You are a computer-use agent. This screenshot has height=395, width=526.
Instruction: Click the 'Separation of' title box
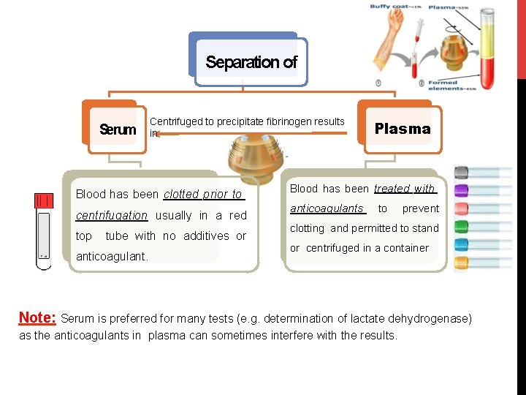251,62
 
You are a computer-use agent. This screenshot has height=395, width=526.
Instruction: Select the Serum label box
118,130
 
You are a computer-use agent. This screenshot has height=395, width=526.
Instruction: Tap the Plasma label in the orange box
403,129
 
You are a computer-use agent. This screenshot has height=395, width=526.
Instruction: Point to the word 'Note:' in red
37,318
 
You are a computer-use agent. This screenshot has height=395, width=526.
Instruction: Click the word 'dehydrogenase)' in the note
435,319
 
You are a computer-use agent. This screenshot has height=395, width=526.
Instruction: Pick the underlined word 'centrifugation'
112,215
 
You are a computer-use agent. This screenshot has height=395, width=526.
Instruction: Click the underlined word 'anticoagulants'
327,208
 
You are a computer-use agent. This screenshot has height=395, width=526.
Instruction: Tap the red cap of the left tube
44,200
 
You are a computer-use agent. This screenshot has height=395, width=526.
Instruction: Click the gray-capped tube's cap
462,173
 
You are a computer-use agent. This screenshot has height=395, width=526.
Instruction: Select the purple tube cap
462,191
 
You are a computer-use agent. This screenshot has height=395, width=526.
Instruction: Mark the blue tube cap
462,244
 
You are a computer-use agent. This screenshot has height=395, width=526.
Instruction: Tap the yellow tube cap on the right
462,262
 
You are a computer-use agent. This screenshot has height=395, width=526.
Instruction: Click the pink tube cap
462,209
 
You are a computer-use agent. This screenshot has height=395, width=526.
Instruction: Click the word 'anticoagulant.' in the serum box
112,257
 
